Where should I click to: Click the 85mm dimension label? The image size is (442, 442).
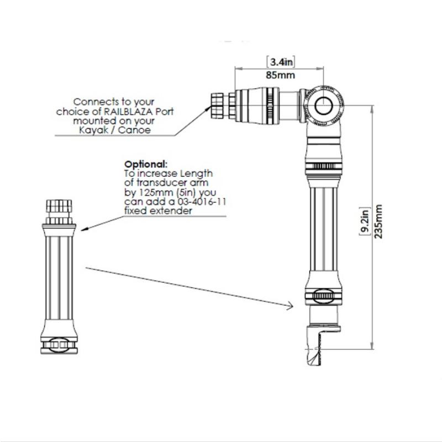(280, 75)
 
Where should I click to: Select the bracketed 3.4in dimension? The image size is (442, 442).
(281, 62)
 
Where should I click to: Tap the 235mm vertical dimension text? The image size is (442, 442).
(378, 222)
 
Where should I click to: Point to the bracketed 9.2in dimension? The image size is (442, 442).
(365, 222)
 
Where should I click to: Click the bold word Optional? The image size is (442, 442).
(146, 164)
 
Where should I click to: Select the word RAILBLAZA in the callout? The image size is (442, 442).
(129, 112)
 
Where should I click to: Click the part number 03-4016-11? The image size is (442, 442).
(202, 202)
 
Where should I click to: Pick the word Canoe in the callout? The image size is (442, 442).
(134, 130)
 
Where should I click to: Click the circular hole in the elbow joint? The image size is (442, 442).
(323, 106)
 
